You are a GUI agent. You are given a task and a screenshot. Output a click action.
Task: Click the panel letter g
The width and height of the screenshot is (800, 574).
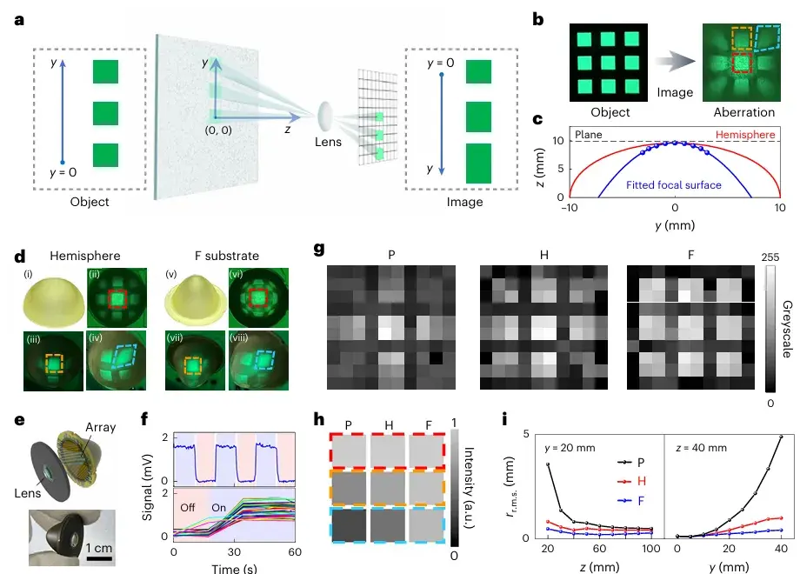point(320,250)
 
